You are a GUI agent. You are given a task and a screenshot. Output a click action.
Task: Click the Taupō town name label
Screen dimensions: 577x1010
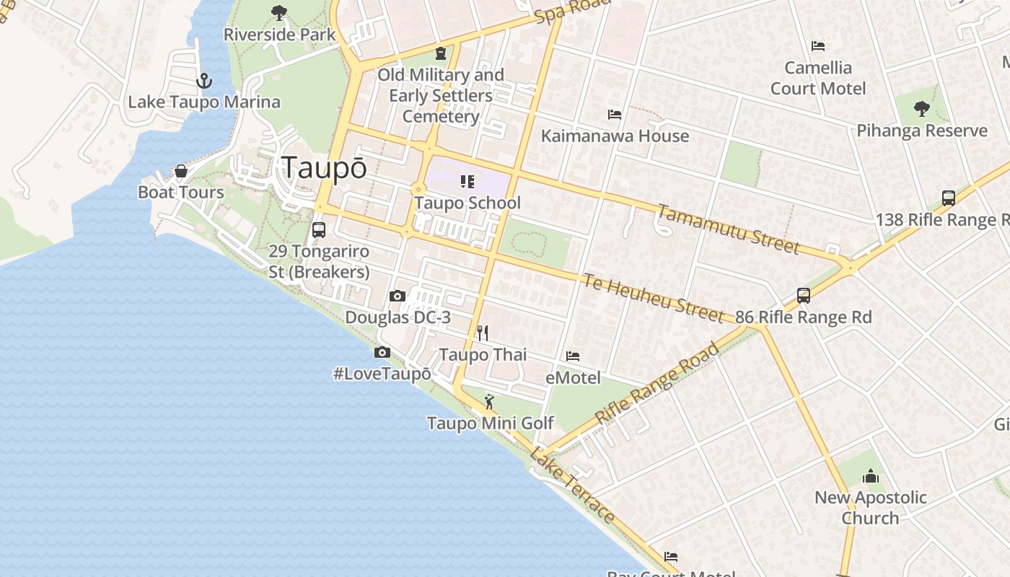pos(324,167)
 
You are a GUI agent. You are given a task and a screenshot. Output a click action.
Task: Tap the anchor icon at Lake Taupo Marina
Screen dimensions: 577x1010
pos(204,81)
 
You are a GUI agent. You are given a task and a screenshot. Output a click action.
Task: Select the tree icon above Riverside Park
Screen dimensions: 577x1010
pos(279,13)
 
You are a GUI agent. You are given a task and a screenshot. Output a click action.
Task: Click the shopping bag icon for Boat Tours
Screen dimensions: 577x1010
pos(181,172)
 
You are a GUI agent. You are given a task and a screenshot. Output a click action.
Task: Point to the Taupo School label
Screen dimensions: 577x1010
pos(467,203)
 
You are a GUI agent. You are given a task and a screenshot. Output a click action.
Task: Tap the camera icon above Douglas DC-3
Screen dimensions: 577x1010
pos(397,296)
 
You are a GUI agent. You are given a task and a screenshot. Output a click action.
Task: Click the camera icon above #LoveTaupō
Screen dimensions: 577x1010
pos(382,352)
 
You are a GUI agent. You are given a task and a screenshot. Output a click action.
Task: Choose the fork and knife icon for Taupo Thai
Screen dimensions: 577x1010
pos(483,332)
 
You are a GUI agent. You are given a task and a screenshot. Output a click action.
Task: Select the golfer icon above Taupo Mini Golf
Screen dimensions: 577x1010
pos(490,402)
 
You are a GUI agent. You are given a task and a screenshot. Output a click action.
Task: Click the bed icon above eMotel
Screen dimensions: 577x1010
pos(573,356)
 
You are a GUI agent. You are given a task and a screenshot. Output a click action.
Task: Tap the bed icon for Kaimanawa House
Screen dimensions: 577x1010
pos(615,115)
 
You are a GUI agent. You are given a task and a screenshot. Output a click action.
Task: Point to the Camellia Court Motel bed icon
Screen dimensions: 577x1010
pos(818,46)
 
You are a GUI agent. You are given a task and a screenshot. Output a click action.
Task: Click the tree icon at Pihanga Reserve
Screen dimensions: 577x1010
pos(921,109)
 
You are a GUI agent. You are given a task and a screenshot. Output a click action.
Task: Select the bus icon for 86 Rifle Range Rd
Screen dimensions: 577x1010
pos(804,295)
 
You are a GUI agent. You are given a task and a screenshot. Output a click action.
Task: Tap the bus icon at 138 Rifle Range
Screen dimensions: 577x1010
pos(949,198)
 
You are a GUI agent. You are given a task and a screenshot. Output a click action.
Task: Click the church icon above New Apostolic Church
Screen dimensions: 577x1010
pos(871,476)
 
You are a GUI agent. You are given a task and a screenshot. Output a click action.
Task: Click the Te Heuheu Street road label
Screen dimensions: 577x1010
pos(653,297)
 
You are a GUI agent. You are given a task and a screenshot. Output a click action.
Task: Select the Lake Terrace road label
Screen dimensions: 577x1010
pos(572,485)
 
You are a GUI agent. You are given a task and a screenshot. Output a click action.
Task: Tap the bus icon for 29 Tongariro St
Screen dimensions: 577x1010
pos(318,230)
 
